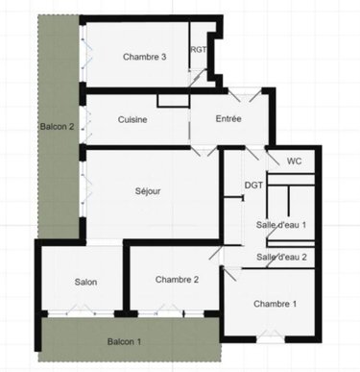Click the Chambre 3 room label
[x=145, y=58]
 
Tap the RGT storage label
[x=199, y=50]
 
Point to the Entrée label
[x=228, y=119]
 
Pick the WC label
[x=295, y=161]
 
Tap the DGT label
[x=253, y=185]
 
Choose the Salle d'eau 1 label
[x=281, y=224]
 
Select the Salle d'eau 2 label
[x=281, y=257]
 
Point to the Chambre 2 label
[x=177, y=280]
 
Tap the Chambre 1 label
[x=275, y=304]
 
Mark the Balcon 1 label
[x=124, y=341]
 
